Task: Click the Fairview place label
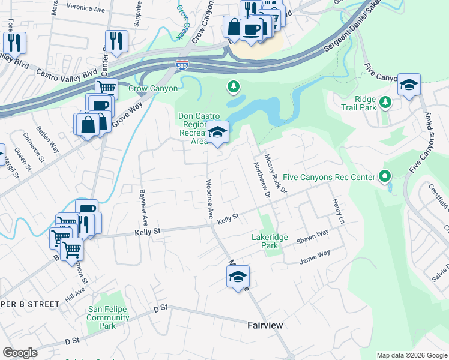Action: coord(265,325)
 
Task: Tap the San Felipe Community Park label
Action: coord(109,317)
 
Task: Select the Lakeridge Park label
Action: coord(270,242)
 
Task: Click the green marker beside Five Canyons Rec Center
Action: coord(385,177)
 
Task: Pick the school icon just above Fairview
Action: coord(238,277)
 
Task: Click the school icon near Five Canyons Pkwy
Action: coord(409,85)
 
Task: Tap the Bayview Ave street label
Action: coord(143,203)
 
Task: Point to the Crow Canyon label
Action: coord(153,89)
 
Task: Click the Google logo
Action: coord(20,353)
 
